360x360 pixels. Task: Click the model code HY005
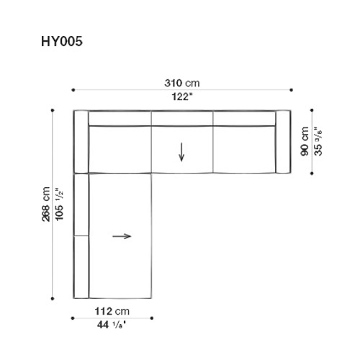(61, 42)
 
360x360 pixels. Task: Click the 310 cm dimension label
(181, 82)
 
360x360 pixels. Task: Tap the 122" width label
(181, 96)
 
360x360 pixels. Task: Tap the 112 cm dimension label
(112, 311)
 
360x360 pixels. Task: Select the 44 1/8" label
(112, 325)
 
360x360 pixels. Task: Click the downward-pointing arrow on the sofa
(181, 151)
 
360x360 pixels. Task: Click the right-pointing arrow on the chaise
(122, 235)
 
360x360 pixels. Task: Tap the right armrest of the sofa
(282, 142)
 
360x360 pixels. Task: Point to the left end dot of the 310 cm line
(73, 89)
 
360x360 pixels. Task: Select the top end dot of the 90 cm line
(312, 110)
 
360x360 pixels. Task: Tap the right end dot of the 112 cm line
(153, 318)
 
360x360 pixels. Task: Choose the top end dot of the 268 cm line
(53, 110)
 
